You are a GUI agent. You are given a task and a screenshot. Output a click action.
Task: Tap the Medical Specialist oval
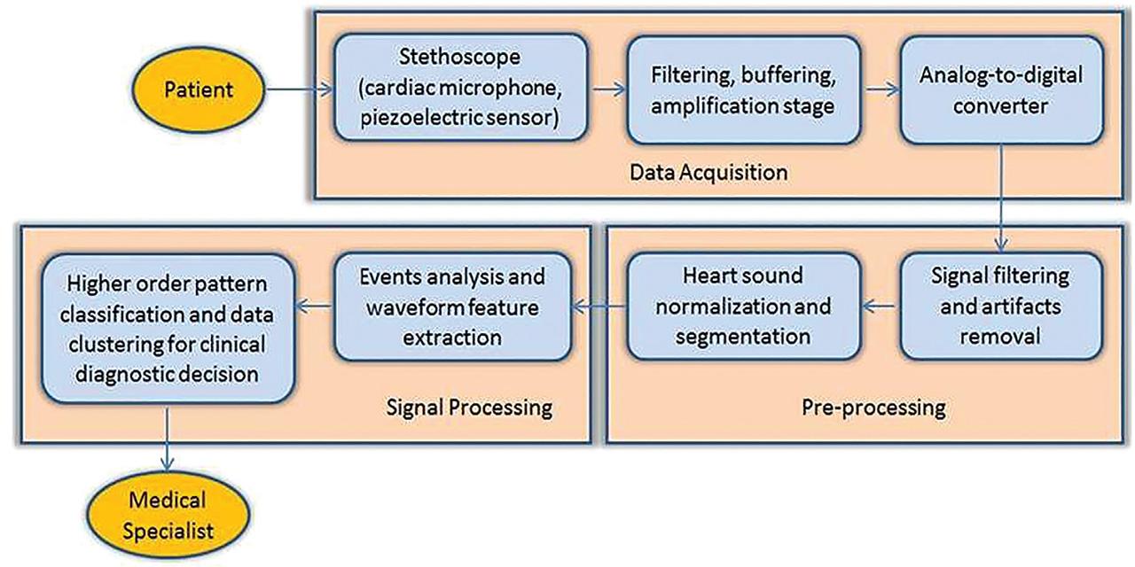point(168,515)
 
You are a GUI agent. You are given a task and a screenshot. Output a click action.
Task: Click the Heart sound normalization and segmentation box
point(744,306)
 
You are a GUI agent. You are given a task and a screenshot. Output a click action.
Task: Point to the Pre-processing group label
point(873,408)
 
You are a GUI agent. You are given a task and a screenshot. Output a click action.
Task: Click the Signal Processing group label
point(469,408)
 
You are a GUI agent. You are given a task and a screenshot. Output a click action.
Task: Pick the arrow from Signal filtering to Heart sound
point(880,307)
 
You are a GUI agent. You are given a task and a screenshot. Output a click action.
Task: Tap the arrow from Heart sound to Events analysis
point(599,307)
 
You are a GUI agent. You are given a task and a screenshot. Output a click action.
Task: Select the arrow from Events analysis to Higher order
point(313,307)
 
